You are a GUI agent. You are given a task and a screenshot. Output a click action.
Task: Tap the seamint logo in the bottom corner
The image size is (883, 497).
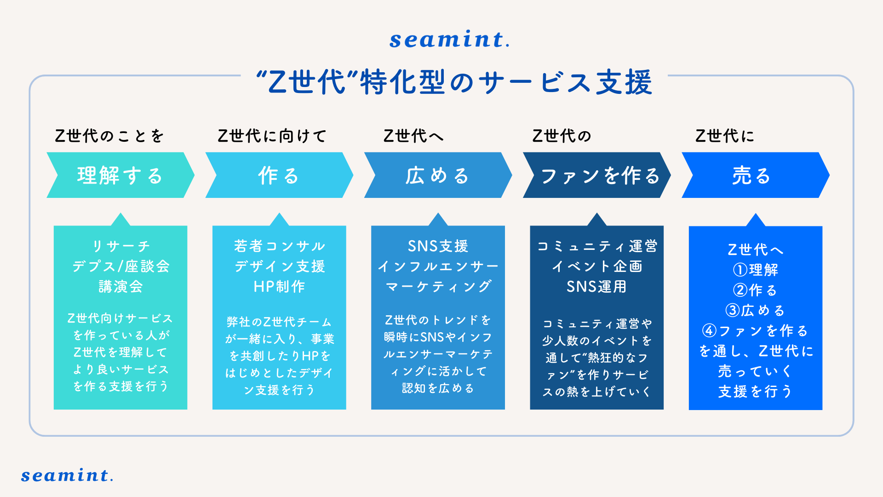coord(67,475)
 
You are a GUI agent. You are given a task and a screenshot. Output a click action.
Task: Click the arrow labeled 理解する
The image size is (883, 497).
coord(120,175)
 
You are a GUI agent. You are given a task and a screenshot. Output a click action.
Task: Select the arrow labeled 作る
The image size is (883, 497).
coord(279,175)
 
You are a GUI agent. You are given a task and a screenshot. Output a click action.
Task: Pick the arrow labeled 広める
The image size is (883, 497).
coord(437,175)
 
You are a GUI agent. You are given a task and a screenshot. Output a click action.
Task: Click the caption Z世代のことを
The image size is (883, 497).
coord(109,136)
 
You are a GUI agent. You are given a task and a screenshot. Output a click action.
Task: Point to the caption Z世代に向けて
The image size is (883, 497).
coord(272,136)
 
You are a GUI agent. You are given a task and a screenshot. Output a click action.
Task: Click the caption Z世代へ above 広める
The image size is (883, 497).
coord(413,136)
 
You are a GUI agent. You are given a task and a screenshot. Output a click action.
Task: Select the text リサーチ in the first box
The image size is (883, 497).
coord(121,246)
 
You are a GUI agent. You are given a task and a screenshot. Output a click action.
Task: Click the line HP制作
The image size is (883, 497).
coord(279,287)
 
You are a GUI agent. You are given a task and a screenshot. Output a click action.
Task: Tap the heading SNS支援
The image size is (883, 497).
coord(438,246)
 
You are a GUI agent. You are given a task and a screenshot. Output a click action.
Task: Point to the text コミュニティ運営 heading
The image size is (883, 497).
coord(597,246)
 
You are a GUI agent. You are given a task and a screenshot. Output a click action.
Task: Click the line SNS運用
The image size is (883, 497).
coord(596,287)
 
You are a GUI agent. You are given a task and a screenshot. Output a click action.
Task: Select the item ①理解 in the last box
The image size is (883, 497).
coord(756,270)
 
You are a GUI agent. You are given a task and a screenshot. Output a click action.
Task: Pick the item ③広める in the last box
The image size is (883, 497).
coord(755,311)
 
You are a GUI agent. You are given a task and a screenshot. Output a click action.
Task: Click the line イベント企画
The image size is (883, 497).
coord(597,266)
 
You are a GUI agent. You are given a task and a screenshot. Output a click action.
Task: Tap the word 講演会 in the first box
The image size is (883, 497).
coord(120,287)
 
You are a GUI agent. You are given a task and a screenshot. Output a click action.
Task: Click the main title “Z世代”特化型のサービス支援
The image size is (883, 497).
coord(454,82)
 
